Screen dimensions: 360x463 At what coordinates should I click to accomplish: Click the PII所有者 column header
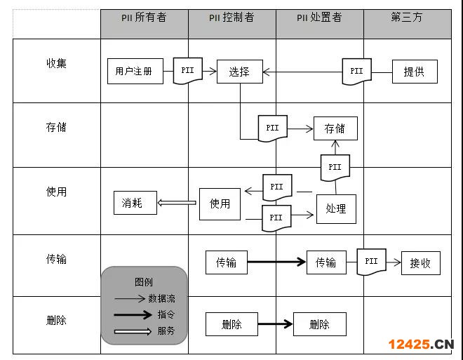(x=144, y=18)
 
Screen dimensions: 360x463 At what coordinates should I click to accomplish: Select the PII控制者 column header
(x=231, y=18)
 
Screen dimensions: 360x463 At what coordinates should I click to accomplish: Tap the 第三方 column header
(x=407, y=18)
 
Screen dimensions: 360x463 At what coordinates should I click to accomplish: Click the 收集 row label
(x=56, y=63)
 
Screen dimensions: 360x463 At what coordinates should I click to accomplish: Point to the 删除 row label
(x=56, y=321)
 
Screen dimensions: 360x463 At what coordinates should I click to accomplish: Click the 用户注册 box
(x=133, y=71)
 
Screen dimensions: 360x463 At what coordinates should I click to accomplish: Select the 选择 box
(x=239, y=71)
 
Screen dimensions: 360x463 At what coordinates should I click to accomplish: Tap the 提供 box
(x=414, y=71)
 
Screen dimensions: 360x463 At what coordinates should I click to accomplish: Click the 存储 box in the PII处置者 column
(x=335, y=128)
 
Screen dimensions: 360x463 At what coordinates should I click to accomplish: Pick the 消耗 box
(x=135, y=203)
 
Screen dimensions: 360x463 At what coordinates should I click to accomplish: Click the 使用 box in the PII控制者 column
(x=220, y=204)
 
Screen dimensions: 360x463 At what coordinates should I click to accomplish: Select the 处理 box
(x=336, y=208)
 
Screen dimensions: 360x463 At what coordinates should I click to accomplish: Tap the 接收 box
(x=420, y=263)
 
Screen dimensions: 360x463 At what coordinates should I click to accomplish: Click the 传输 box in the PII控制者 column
(x=226, y=262)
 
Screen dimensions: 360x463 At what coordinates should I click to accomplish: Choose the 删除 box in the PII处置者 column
(x=319, y=324)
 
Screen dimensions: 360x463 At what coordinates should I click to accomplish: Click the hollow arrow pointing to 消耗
(x=177, y=203)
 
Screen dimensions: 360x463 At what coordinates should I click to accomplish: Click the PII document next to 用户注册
(x=188, y=71)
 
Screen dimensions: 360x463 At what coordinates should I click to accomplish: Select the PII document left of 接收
(x=372, y=262)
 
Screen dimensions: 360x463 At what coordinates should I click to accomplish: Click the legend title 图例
(x=144, y=282)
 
